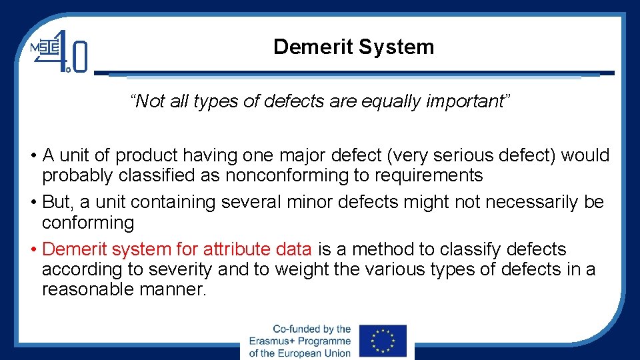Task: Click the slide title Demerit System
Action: tap(353, 47)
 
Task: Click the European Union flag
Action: tap(383, 341)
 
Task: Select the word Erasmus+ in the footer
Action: tap(273, 341)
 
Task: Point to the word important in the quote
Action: tap(467, 101)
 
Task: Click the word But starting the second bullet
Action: tap(57, 202)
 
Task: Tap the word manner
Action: tap(174, 289)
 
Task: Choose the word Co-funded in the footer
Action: tap(295, 329)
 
